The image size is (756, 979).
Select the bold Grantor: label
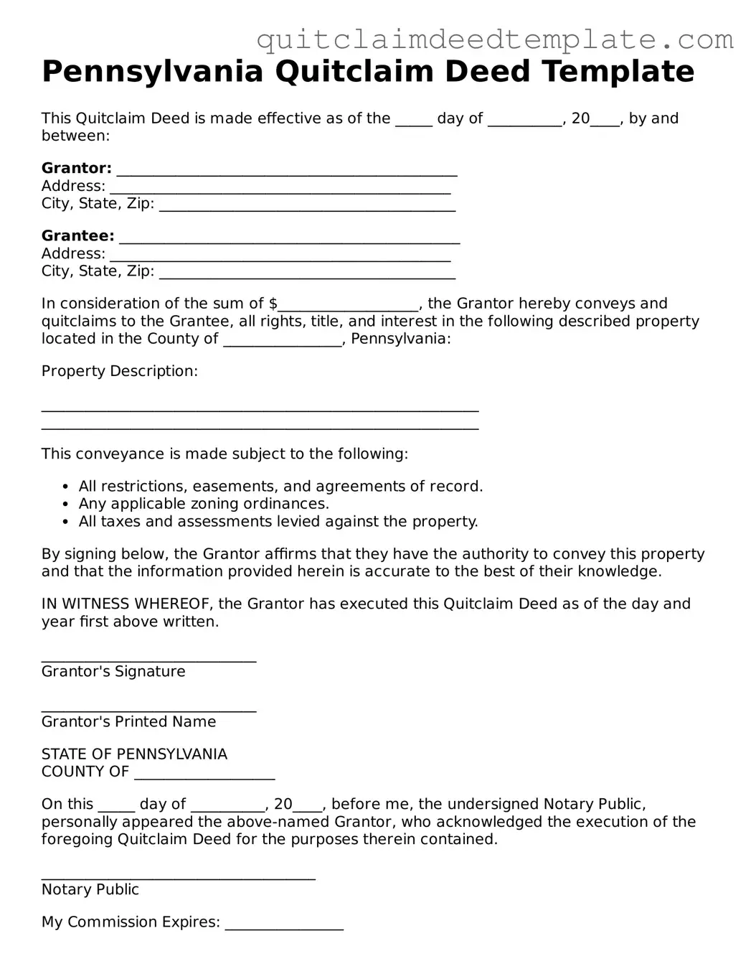point(77,169)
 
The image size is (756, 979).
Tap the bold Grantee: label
point(77,236)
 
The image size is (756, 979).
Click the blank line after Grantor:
point(287,172)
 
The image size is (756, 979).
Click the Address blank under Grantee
point(280,258)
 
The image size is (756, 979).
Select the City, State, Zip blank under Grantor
point(307,208)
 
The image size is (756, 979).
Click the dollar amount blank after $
point(349,307)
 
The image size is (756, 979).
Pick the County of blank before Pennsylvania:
point(283,342)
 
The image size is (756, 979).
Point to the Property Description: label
point(119,371)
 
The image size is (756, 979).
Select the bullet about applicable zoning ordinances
point(204,504)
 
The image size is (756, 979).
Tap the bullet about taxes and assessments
point(278,522)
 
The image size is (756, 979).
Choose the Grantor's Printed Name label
point(128,722)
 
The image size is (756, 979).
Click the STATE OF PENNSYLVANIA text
point(134,754)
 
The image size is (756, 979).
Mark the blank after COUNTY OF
point(204,776)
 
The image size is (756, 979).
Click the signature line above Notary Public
point(178,877)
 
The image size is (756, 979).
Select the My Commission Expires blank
point(284,927)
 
